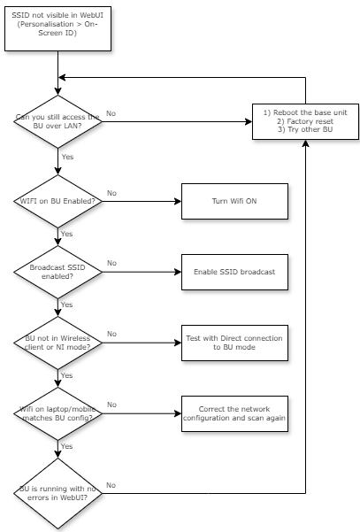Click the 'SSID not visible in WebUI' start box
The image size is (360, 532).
58,27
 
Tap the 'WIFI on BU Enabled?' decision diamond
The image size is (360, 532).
58,201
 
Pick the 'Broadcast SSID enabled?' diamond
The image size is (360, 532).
58,271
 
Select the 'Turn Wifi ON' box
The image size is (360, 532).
234,201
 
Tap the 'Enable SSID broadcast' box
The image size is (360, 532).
234,271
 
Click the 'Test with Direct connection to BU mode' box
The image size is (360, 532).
234,343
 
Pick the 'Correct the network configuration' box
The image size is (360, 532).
234,413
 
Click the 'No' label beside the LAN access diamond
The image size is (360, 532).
111,113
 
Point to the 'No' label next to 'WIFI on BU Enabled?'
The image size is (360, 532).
111,192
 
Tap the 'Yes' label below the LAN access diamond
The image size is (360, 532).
67,156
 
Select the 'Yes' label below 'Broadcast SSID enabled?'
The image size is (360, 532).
67,304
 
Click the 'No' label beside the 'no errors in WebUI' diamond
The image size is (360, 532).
111,484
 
